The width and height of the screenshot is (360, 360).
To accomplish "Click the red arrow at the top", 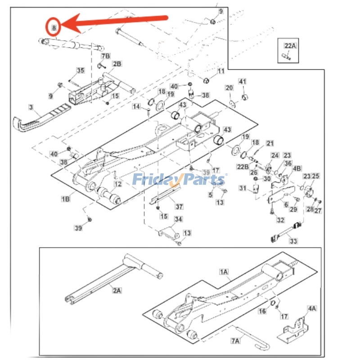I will click(x=112, y=22).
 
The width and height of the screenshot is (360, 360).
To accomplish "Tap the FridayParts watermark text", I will click(x=179, y=180).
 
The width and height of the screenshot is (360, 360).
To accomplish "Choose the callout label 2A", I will click(x=117, y=291).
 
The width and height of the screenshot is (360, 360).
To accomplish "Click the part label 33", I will click(x=293, y=242).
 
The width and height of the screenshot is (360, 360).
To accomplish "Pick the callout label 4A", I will click(x=312, y=309).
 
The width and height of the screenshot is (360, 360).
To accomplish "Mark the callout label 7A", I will click(x=236, y=342).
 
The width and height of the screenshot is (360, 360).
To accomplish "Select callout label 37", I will click(x=179, y=207).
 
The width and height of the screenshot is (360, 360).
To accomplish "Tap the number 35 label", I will click(x=80, y=71).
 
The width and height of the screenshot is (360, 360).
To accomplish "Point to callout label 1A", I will click(x=224, y=272).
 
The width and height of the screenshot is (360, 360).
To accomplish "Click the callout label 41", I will click(x=243, y=81).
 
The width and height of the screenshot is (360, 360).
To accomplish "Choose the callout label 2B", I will click(x=117, y=64).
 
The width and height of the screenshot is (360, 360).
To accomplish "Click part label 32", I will click(x=281, y=220).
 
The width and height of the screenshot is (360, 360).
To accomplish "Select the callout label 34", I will click(x=179, y=219).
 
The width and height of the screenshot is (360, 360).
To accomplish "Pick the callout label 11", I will click(x=220, y=71).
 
